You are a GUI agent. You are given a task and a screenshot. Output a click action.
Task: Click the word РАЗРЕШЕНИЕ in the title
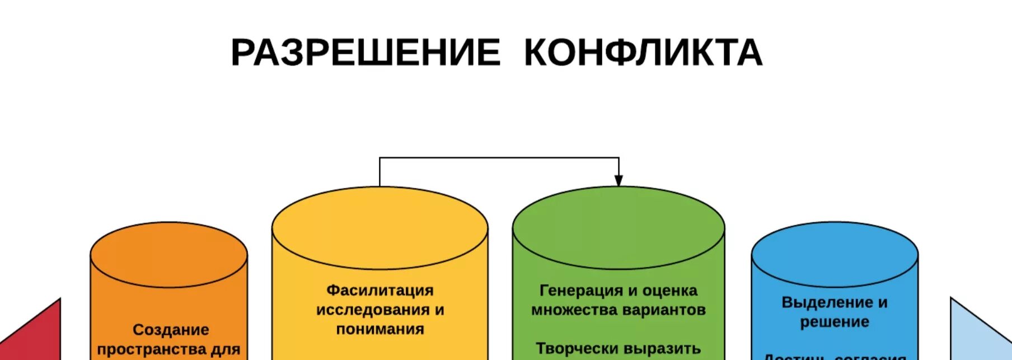(366, 53)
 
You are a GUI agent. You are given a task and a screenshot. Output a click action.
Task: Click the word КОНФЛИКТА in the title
(643, 53)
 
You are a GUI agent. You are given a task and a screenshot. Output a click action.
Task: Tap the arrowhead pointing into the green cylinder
(619, 180)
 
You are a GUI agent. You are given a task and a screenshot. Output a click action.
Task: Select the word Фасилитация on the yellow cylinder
(380, 291)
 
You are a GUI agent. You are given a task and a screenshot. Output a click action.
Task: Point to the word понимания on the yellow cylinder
(380, 329)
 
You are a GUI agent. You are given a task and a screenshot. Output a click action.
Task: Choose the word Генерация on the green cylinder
(580, 291)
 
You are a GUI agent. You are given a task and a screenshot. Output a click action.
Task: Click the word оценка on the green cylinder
(669, 291)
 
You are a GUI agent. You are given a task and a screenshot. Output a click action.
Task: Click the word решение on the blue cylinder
(835, 322)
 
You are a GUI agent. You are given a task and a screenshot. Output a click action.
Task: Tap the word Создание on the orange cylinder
(171, 330)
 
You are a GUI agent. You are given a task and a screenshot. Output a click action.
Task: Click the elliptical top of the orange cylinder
(168, 255)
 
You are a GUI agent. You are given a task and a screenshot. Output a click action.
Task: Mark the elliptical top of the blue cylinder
(835, 255)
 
